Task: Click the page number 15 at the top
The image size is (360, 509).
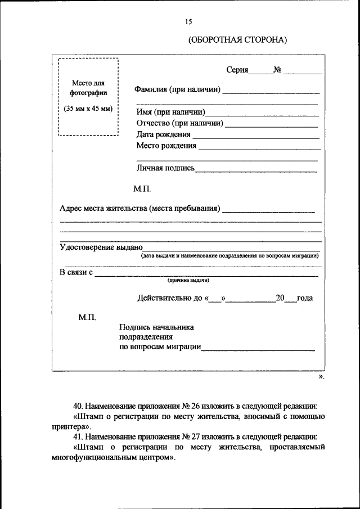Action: pyautogui.click(x=188, y=21)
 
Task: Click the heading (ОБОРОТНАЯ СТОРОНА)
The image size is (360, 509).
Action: pyautogui.click(x=237, y=40)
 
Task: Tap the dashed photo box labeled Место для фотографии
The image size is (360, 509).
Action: pyautogui.click(x=88, y=96)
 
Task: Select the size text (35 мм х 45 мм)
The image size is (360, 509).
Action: pyautogui.click(x=88, y=109)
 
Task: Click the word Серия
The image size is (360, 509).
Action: pyautogui.click(x=237, y=70)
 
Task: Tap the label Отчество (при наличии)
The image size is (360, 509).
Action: pyautogui.click(x=180, y=123)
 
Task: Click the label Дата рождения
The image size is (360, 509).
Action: pyautogui.click(x=163, y=135)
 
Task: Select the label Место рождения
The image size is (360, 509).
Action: pyautogui.click(x=166, y=146)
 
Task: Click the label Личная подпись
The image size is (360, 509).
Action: pyautogui.click(x=165, y=168)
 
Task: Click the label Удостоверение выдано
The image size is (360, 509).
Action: pyautogui.click(x=101, y=247)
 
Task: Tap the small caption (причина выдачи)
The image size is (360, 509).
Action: pyautogui.click(x=188, y=280)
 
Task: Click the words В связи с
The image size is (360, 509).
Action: pyautogui.click(x=76, y=272)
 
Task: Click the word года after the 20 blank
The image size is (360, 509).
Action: pyautogui.click(x=305, y=298)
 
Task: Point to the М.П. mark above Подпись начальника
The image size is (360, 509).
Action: pyautogui.click(x=87, y=318)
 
